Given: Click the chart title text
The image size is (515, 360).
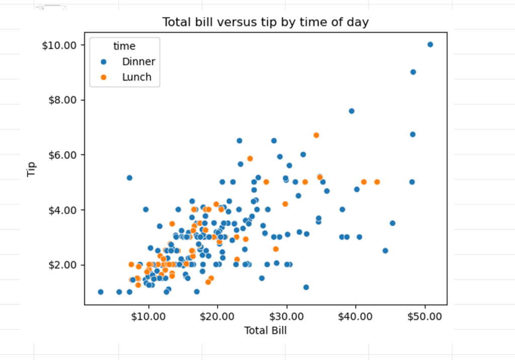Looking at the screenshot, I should pos(265,23).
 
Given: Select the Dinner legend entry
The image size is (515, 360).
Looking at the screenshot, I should pos(139,62).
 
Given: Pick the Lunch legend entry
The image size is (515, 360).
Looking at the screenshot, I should pos(137,77).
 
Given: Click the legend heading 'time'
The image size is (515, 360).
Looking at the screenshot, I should pos(124,46).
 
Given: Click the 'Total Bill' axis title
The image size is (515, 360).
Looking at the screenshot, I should pos(265,330).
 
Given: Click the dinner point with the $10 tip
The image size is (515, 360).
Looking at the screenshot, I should pos(430,44).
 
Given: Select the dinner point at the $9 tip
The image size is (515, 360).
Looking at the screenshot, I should pos(413,72).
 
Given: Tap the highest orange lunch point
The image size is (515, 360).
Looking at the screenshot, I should pos(316,135).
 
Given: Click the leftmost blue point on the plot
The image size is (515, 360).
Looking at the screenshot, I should pos(101,292).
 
